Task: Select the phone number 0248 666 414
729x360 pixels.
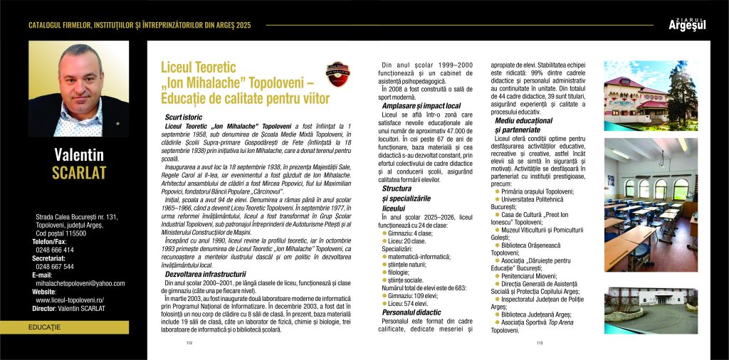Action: point(55,250)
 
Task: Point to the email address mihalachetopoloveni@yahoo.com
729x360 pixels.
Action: point(80,282)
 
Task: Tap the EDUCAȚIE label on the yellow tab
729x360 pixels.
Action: point(44,327)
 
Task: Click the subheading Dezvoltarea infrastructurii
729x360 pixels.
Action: point(206,273)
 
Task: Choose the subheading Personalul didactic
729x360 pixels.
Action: point(411,312)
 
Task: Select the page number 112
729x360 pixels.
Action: point(189,342)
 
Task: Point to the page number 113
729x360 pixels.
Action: point(539,342)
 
